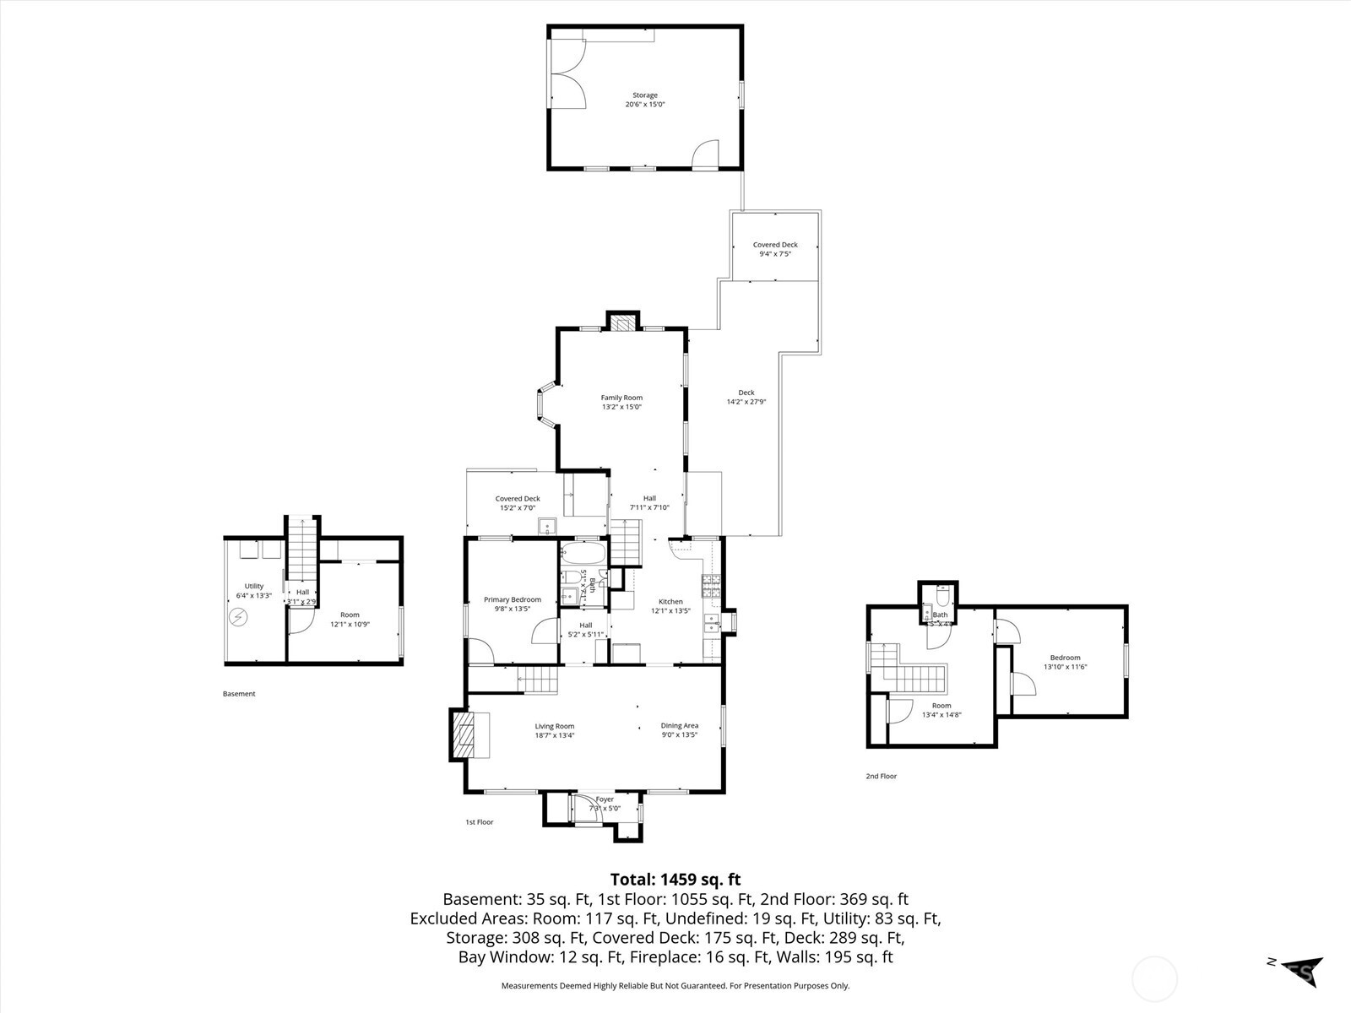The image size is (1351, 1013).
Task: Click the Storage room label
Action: pyautogui.click(x=645, y=100)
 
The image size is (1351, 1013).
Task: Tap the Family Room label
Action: pyautogui.click(x=621, y=402)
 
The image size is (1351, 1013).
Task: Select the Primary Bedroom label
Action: pyautogui.click(x=512, y=604)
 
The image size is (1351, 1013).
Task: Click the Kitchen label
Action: pyautogui.click(x=670, y=606)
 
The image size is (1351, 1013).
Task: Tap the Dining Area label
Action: pyautogui.click(x=679, y=730)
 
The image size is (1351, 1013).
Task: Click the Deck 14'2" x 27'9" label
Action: pyautogui.click(x=746, y=397)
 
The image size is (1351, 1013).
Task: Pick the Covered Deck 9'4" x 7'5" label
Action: pyautogui.click(x=775, y=249)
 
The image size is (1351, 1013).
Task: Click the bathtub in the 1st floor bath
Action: pyautogui.click(x=583, y=555)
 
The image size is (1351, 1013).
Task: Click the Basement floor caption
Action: pyautogui.click(x=239, y=694)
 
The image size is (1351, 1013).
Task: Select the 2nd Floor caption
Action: pyautogui.click(x=881, y=776)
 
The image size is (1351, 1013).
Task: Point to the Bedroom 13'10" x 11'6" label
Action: pyautogui.click(x=1065, y=662)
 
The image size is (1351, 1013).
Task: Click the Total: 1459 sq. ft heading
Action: pyautogui.click(x=675, y=880)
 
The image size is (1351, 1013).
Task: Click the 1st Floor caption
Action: pyautogui.click(x=479, y=821)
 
